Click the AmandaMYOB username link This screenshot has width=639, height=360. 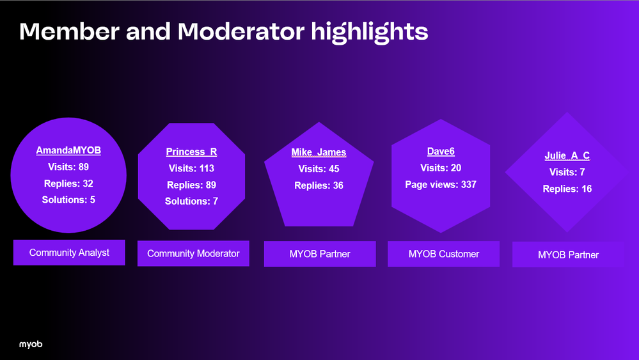[x=68, y=150]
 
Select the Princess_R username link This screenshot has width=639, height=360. [x=191, y=152]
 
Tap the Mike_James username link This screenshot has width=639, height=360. [x=319, y=152]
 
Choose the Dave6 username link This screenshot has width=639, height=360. [x=441, y=152]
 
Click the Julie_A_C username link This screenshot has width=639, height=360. [x=567, y=155]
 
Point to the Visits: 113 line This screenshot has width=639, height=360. [x=191, y=168]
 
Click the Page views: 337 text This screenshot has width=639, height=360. [x=441, y=185]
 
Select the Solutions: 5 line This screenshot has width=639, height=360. [x=68, y=200]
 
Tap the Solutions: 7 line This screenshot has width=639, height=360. [x=191, y=201]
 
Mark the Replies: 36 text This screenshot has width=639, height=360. [x=319, y=185]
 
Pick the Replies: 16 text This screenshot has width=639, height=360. [x=567, y=189]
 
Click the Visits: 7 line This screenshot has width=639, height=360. [x=567, y=172]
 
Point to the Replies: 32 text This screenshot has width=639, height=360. [x=68, y=184]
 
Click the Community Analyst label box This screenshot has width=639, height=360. [x=69, y=253]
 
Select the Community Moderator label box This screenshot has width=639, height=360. [x=193, y=254]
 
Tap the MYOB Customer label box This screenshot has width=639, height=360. [x=443, y=254]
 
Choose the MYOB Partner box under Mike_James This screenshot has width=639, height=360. [x=320, y=254]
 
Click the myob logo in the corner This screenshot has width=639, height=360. [x=31, y=345]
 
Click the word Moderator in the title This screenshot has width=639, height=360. [x=241, y=31]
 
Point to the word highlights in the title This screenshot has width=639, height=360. [x=370, y=32]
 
